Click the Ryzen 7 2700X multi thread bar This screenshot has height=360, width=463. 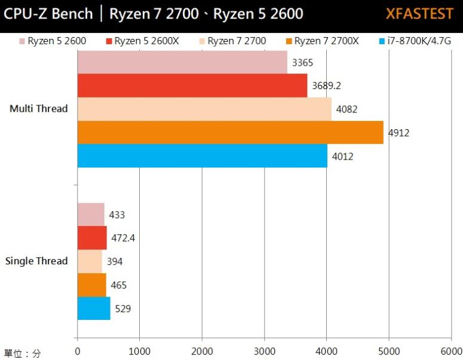pos(230,133)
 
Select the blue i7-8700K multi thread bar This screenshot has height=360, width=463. pos(202,156)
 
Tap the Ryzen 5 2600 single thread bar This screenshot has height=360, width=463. pos(91,215)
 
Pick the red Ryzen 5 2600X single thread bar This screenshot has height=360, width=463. pos(92,238)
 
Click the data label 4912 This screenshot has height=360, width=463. pos(398,133)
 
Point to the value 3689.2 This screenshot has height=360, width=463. pos(326,86)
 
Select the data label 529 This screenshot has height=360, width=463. pos(123,309)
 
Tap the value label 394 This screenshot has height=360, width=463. pos(115,261)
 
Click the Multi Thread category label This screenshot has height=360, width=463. pos(39,109)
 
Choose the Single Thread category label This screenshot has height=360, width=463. pos(36,261)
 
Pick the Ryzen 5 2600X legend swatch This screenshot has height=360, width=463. pos(109,41)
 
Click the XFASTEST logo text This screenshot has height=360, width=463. pos(419,14)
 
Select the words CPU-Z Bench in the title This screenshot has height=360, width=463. pos(48,14)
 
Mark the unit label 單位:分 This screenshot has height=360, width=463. pos(22,353)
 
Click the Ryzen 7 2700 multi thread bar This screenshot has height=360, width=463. pos(204,109)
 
